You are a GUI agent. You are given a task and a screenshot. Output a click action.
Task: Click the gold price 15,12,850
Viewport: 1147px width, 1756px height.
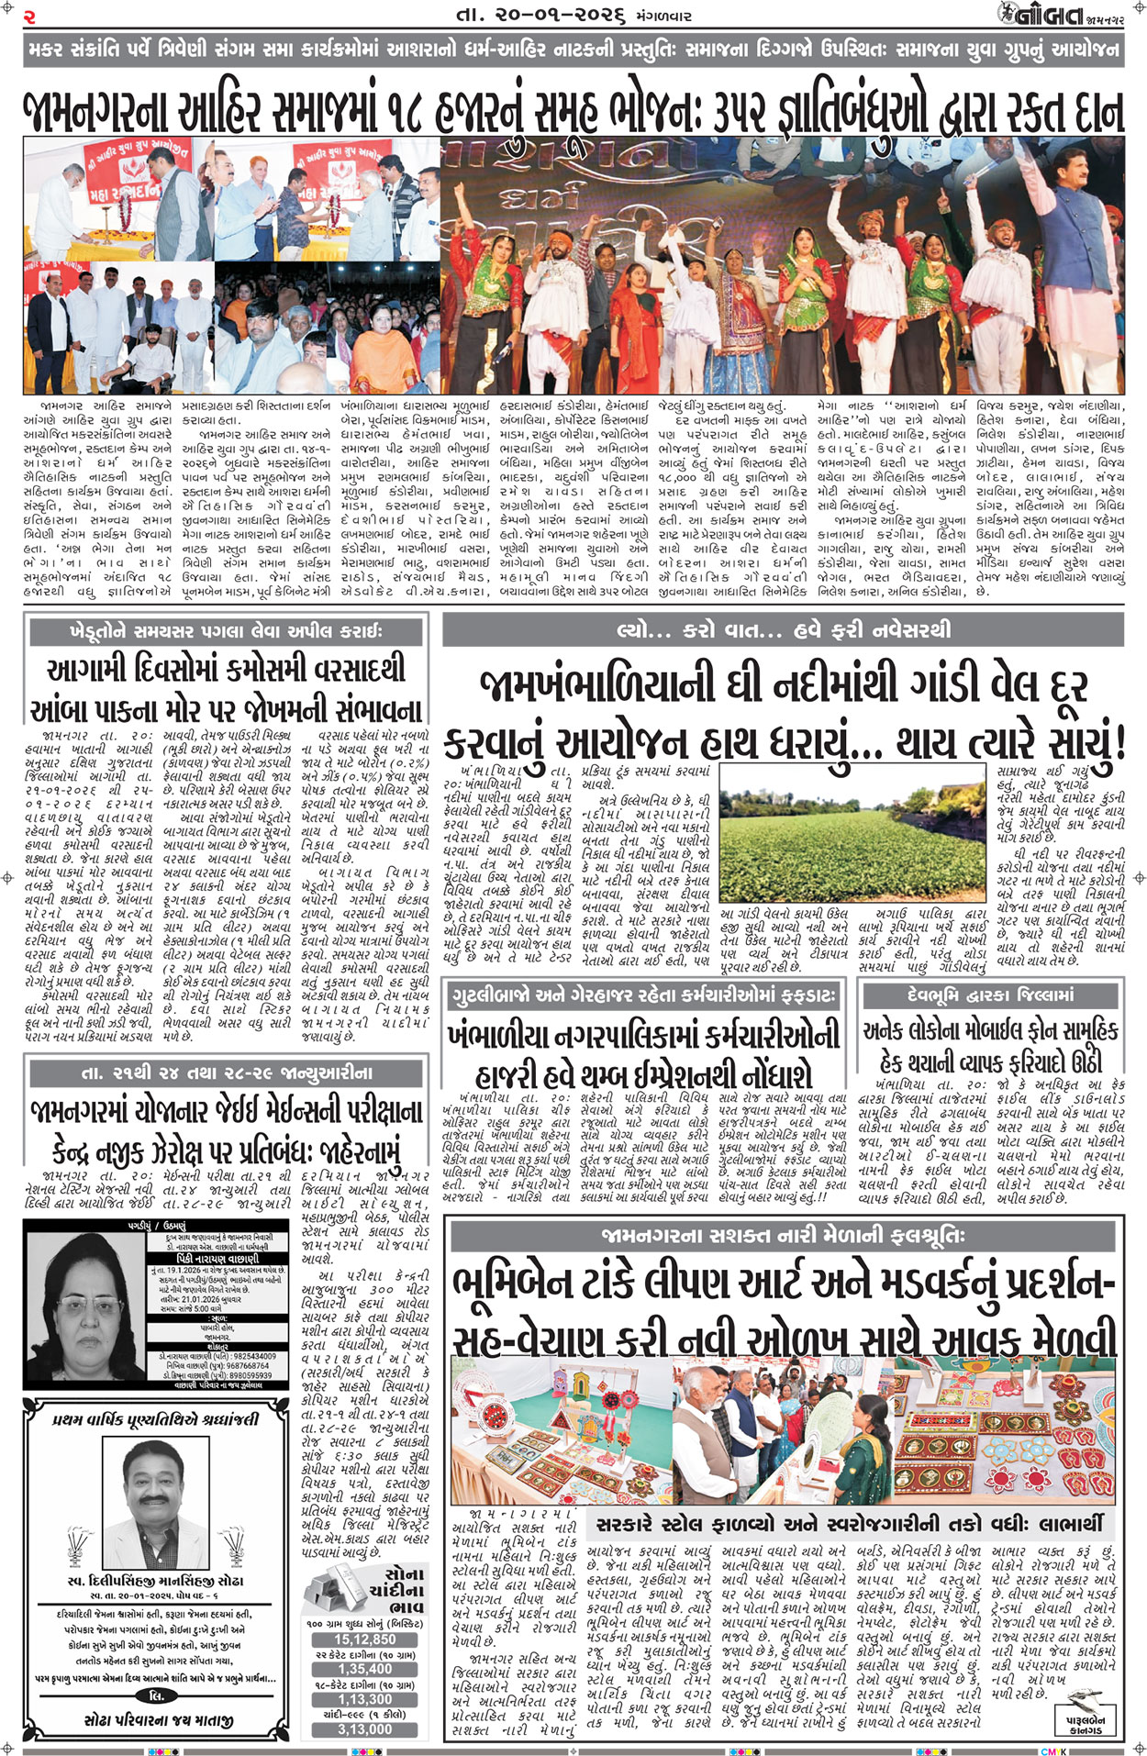364,1639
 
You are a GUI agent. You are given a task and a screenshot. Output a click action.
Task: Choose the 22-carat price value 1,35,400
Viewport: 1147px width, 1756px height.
364,1669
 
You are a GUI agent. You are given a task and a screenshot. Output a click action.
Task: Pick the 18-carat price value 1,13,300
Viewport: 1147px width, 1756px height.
364,1699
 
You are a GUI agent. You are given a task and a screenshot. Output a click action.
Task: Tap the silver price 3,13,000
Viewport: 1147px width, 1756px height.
364,1728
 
